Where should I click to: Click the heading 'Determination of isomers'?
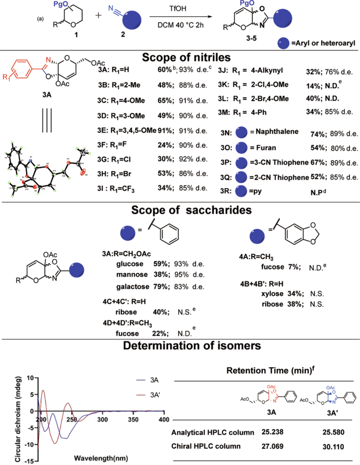tap(180, 346)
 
